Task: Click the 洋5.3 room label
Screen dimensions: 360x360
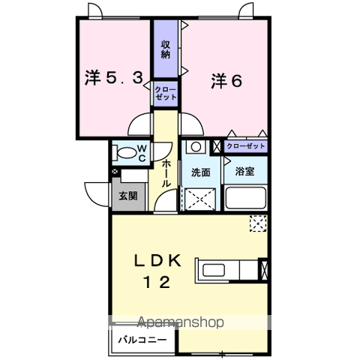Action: tap(114, 78)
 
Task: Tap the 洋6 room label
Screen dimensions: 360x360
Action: tap(226, 81)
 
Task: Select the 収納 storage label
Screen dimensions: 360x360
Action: tap(166, 49)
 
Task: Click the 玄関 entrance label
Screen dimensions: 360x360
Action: tap(128, 196)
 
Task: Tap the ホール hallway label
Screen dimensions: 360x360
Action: tap(166, 174)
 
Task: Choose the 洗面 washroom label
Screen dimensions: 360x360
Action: tap(201, 172)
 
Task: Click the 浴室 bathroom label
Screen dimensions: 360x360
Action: tap(244, 171)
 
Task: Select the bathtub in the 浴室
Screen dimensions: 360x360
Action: tap(245, 197)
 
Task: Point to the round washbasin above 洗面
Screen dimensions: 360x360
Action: tap(196, 147)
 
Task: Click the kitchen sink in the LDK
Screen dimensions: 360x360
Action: tap(214, 270)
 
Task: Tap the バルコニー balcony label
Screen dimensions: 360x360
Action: tap(142, 340)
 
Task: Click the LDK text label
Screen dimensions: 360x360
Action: tap(157, 261)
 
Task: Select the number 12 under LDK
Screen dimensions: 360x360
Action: tap(157, 282)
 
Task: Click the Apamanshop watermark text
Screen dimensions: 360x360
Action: tap(181, 322)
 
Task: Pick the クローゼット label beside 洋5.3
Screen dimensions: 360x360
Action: tap(166, 93)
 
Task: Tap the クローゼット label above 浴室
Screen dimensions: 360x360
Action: tap(245, 146)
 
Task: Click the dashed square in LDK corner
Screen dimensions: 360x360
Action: tap(258, 223)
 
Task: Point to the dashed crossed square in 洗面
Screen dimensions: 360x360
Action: tap(200, 199)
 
